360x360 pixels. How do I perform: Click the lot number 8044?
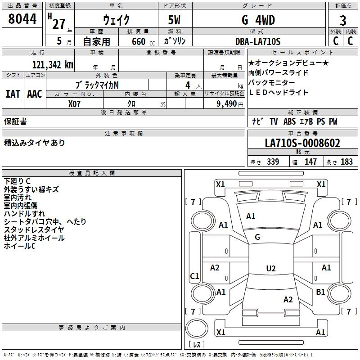pos(22,19)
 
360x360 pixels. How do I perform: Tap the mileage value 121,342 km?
pos(53,65)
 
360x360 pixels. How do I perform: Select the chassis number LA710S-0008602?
pos(302,143)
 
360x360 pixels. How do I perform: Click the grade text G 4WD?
pos(258,20)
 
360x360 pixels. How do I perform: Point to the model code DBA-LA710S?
pos(258,41)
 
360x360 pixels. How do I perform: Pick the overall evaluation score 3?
pos(343,21)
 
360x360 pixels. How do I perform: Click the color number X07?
pos(74,104)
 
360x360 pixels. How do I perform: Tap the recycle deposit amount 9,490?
pos(227,104)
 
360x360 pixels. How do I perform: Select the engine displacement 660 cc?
pos(143,42)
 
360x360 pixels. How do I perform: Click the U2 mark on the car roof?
pos(271,268)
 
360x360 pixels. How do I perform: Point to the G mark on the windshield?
pos(257,237)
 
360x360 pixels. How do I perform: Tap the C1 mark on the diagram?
pos(194,276)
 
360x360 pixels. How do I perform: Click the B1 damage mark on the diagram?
pos(320,292)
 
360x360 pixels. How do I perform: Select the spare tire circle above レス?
pos(197,329)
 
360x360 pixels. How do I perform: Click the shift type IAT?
pos(13,94)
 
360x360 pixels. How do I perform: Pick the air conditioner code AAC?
pos(35,94)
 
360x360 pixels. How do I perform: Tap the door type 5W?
pos(174,20)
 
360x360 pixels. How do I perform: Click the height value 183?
pos(346,162)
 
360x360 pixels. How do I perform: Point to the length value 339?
pos(273,162)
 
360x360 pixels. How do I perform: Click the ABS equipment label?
pos(289,121)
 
